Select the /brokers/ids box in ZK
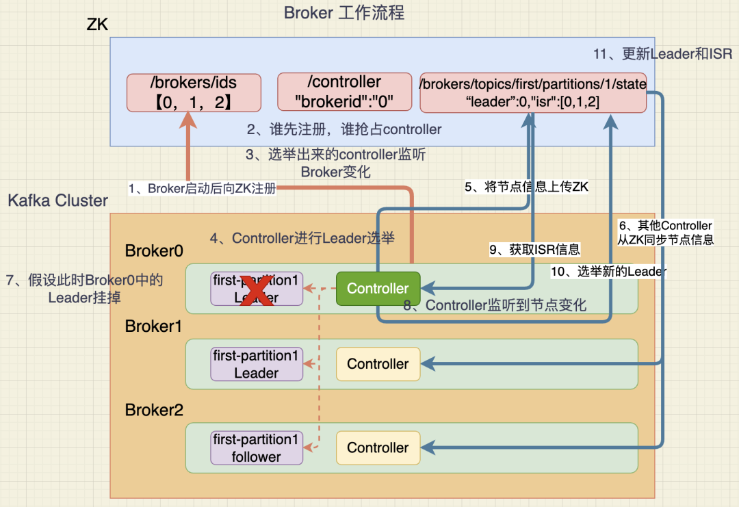194,92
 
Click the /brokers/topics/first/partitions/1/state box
533,92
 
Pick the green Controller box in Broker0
378,289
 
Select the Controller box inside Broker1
378,364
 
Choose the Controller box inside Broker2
378,447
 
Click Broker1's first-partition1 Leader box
256,364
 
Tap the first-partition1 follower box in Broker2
256,447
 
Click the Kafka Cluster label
58,200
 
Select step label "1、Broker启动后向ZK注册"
202,188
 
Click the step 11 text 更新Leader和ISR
662,53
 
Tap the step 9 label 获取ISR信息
534,250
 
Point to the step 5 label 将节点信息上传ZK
526,187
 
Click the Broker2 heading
154,410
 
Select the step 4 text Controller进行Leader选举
302,238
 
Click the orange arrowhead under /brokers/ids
187,120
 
